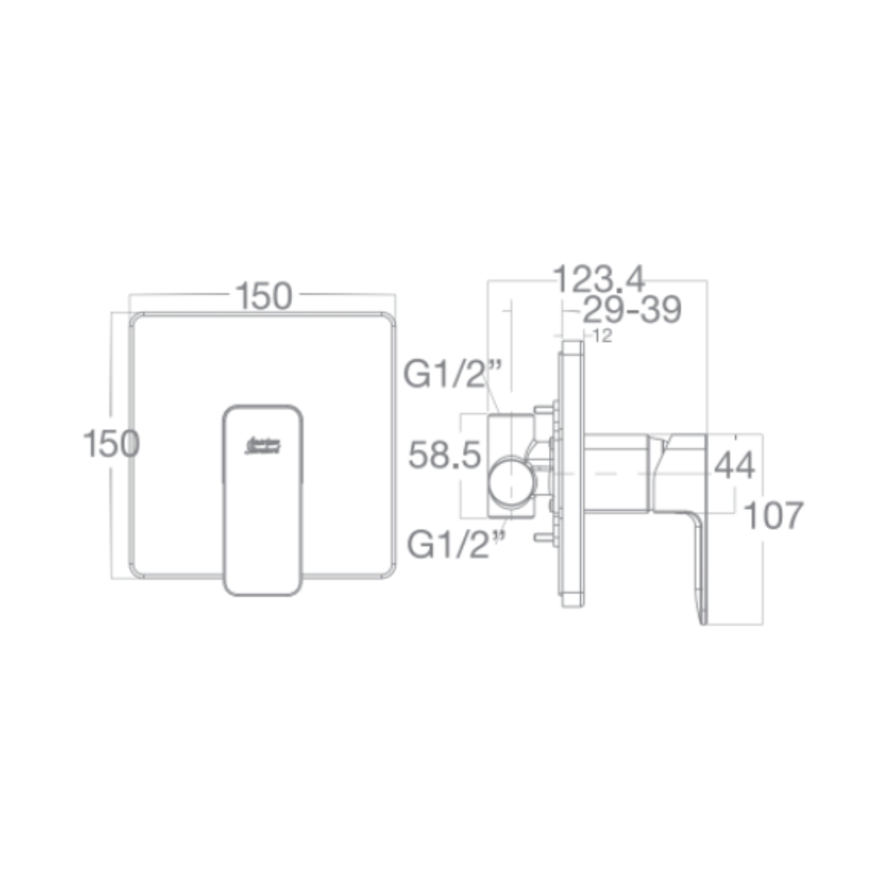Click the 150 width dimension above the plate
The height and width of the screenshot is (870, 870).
(263, 297)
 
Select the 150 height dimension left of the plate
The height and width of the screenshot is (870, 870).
(111, 444)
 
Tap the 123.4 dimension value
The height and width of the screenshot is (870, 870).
(599, 278)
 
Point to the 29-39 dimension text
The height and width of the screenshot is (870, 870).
(631, 310)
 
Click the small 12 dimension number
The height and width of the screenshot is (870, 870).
(602, 337)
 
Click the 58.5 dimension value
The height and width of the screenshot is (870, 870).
(445, 456)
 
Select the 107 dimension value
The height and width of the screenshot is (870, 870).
(774, 515)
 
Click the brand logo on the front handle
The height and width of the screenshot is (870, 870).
(262, 447)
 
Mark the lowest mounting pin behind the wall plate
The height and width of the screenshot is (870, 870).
(546, 539)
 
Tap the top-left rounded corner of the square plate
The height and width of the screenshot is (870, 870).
(137, 319)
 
